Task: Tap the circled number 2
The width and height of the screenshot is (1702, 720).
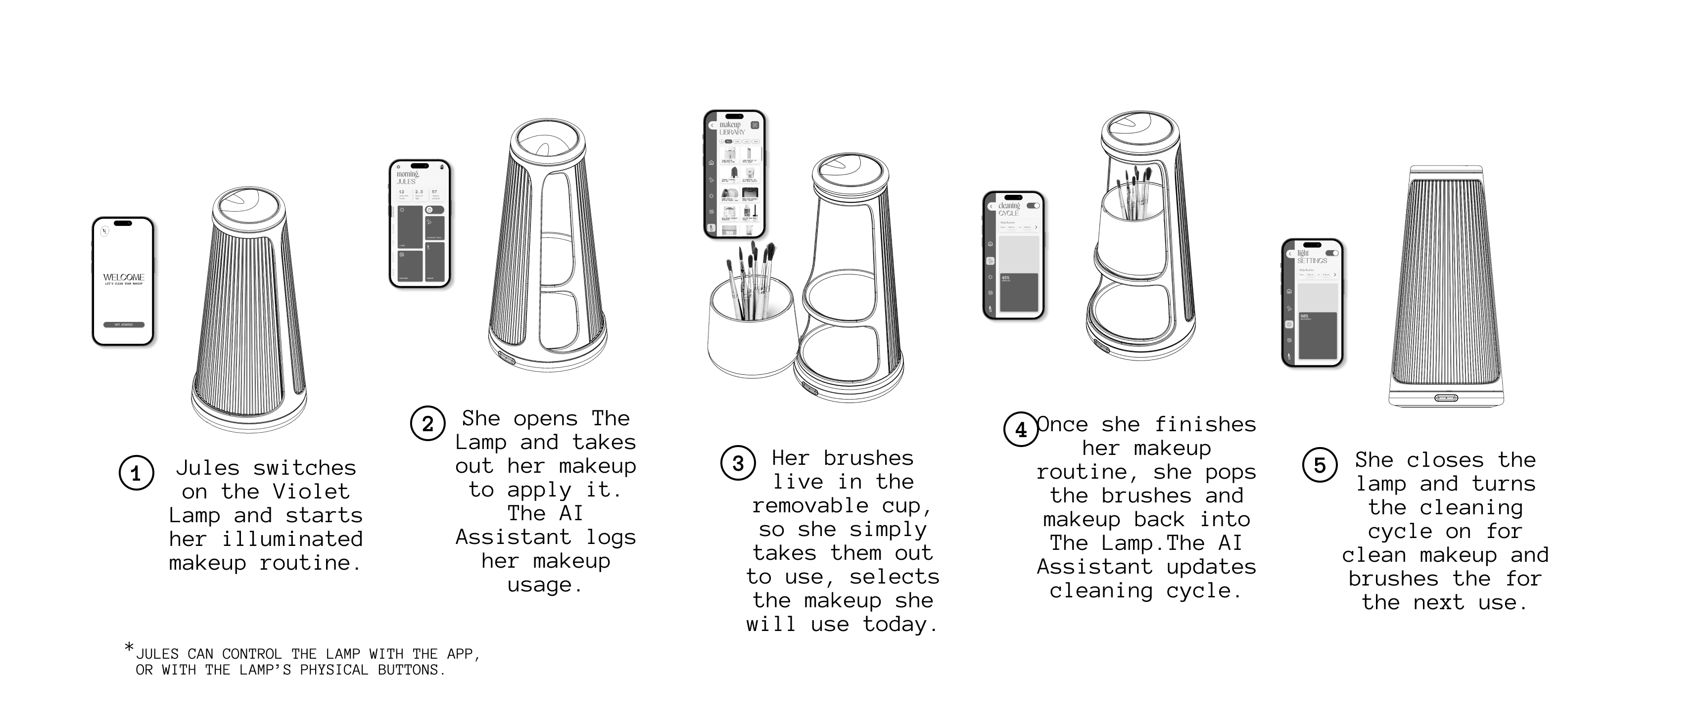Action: [427, 423]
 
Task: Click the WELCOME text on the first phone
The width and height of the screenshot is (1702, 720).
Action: [124, 277]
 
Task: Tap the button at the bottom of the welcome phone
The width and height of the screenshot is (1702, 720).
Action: [124, 324]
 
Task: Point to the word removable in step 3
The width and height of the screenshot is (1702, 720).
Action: [810, 505]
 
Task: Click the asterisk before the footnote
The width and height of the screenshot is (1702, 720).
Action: [129, 647]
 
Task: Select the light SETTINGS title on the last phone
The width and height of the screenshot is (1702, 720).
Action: [1311, 257]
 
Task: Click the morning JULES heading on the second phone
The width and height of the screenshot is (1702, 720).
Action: [407, 178]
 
